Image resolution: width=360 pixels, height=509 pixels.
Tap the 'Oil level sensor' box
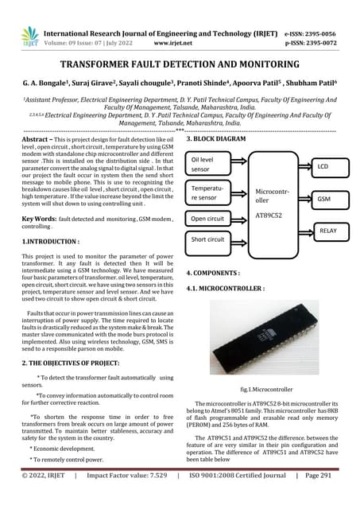[x=209, y=164]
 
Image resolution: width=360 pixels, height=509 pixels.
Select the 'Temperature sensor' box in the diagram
[x=209, y=192]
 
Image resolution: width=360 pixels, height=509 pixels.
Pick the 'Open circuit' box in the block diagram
[x=209, y=218]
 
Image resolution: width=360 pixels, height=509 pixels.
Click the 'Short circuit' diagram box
[x=209, y=239]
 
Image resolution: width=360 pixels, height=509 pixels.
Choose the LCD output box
[x=323, y=167]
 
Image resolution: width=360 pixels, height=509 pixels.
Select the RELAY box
[x=327, y=231]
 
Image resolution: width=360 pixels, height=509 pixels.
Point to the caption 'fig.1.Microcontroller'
[x=267, y=390]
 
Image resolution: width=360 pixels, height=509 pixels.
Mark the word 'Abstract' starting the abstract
[x=39, y=139]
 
